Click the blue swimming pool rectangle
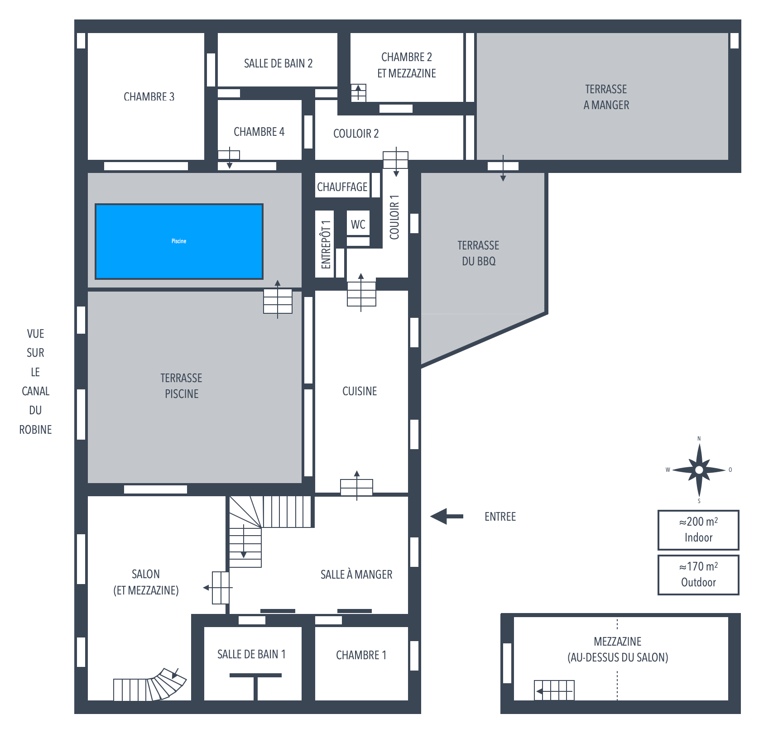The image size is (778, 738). point(179,241)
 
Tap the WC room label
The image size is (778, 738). point(358,224)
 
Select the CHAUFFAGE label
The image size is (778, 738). point(342,187)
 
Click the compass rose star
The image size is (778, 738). point(699,470)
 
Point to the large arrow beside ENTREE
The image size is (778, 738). point(447,516)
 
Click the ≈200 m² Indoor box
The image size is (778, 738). point(698,530)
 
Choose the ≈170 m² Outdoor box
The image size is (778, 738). point(698,575)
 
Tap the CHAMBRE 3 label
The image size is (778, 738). point(149,96)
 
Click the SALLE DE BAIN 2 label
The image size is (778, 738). point(278,63)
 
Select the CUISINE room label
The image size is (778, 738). point(360,391)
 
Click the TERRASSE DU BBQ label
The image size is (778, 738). point(478,253)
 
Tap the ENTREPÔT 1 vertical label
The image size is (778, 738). point(326,244)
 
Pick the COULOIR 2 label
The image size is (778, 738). point(356,134)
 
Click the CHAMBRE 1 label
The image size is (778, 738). point(361,655)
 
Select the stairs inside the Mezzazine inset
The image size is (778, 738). point(554,690)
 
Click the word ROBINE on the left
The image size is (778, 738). point(35,430)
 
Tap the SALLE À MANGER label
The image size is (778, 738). point(356,575)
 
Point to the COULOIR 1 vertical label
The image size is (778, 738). point(394,217)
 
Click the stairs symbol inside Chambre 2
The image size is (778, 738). point(358,93)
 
